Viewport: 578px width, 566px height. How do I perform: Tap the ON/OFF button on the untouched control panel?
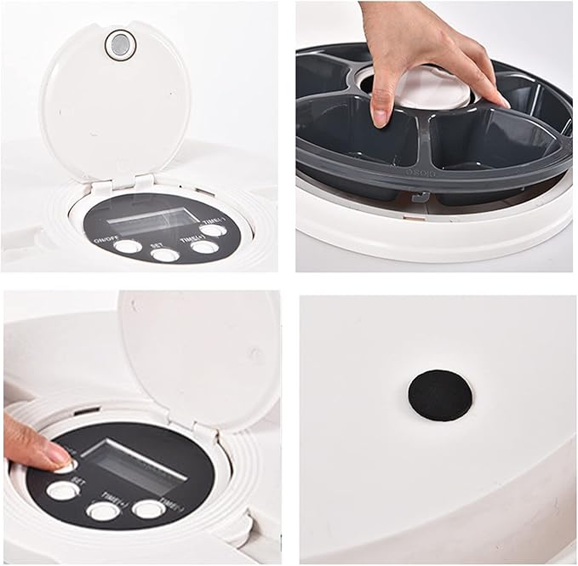point(128,247)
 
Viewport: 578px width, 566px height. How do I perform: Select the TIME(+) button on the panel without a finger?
point(203,247)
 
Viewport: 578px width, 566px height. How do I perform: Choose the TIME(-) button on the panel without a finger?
point(215,229)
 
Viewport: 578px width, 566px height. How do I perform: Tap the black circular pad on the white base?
point(440,394)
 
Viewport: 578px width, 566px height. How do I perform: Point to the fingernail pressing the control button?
point(59,460)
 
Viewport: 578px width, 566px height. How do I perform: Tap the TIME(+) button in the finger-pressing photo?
point(103,511)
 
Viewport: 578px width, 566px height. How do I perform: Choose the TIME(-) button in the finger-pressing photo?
point(148,509)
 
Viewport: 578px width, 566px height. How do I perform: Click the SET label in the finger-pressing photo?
point(77,481)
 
